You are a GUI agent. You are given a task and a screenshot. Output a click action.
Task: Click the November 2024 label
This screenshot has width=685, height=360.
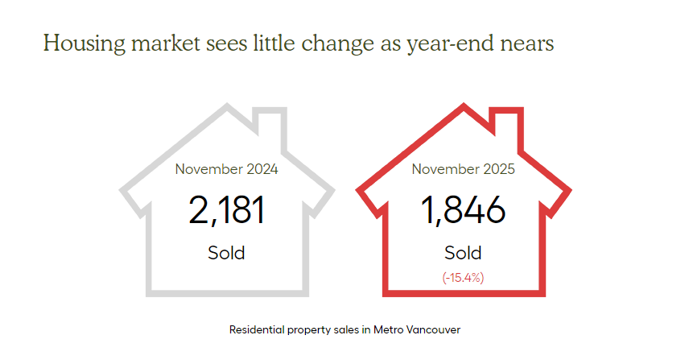pos(226,169)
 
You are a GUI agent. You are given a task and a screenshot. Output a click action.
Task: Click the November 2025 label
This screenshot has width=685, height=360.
pos(463,169)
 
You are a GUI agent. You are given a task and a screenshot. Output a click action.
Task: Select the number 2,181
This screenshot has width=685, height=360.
pos(226,211)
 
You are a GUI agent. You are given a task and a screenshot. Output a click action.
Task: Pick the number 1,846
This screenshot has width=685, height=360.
pos(463,211)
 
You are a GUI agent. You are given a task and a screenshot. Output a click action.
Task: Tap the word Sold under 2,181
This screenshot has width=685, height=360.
pos(226,252)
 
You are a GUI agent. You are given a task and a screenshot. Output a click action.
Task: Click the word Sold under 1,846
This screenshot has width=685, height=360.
pos(463,252)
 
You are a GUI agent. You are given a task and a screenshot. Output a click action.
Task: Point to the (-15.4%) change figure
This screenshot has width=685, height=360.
pos(463,277)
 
